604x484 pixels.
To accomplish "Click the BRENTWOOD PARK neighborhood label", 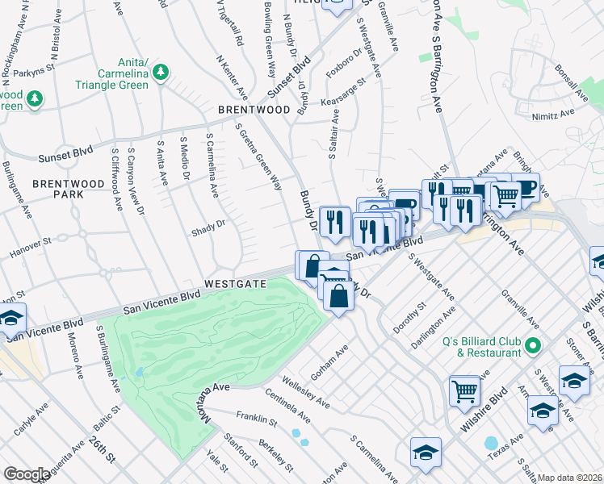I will [x=69, y=190].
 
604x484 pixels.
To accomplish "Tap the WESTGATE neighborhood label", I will [x=235, y=284].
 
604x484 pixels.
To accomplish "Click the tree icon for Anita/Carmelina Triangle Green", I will [x=161, y=73].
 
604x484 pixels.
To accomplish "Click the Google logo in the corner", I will [x=27, y=474].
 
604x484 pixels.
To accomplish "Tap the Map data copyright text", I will [x=570, y=478].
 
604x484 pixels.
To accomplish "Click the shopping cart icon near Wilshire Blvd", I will [x=464, y=391].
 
